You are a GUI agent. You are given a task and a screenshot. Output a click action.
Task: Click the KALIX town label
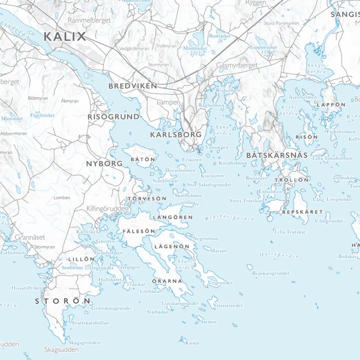click(65, 36)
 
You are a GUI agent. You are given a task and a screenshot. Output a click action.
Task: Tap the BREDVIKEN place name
click(133, 86)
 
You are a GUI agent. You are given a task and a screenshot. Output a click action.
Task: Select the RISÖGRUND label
click(113, 117)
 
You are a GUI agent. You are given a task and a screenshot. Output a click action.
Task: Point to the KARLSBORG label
click(176, 135)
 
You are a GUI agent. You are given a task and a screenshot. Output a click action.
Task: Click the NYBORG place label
click(104, 163)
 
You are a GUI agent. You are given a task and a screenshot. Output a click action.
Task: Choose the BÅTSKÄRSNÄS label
click(277, 156)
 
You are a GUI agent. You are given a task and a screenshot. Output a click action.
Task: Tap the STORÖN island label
click(63, 301)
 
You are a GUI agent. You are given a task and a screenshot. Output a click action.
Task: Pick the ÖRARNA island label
click(167, 281)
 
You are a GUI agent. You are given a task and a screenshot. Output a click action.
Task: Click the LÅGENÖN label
click(172, 247)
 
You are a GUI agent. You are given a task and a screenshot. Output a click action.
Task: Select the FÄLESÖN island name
click(139, 231)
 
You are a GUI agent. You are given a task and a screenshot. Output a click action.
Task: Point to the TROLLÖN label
click(292, 180)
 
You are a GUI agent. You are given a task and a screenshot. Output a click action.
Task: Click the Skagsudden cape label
click(62, 349)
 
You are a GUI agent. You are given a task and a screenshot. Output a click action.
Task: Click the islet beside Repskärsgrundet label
click(249, 267)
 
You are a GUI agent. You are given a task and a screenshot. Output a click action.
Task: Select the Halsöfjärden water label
click(279, 255)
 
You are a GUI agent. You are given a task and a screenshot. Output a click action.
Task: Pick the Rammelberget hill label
click(89, 21)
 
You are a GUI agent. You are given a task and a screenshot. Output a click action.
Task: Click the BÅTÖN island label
click(143, 159)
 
